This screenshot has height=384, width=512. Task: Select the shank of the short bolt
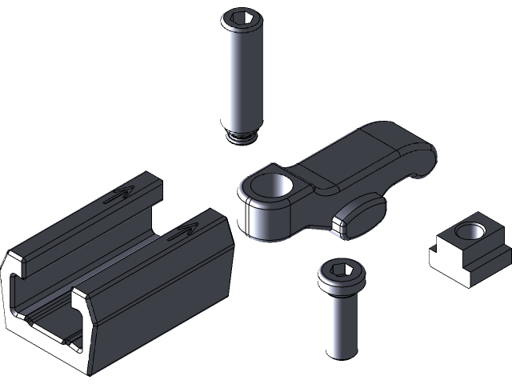coord(340,324)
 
